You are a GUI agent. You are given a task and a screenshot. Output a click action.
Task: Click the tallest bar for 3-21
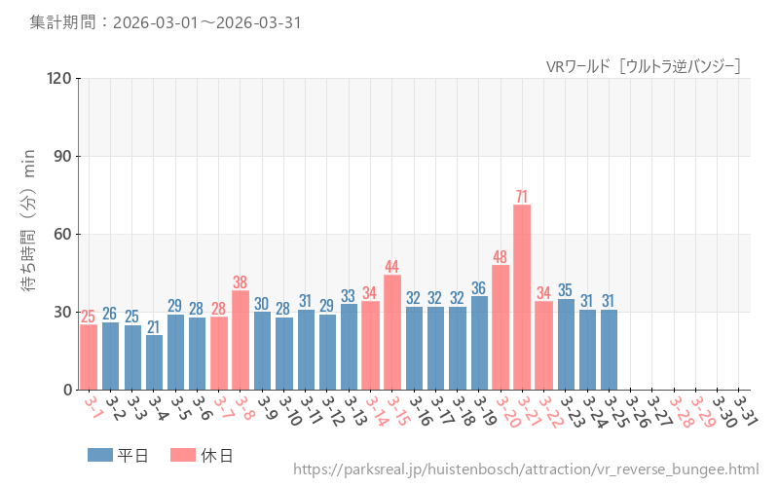[x=522, y=297]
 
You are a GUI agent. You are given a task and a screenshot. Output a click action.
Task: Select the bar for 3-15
[x=392, y=332]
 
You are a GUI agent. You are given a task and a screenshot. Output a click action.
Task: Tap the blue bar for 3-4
[x=154, y=362]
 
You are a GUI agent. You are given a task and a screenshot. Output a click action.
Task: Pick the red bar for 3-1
[x=89, y=356]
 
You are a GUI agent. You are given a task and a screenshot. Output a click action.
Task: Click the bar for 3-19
[x=479, y=343]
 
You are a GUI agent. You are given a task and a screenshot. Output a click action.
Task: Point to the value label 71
[x=522, y=197]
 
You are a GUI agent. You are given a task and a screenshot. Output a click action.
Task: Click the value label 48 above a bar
[x=501, y=257]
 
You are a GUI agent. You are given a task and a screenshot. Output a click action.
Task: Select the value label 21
[x=154, y=327]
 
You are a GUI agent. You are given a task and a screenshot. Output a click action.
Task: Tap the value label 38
[x=241, y=282]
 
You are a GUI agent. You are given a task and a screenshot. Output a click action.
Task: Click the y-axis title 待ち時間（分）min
[x=29, y=221]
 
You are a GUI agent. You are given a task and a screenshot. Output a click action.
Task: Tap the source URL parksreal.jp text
[x=525, y=469]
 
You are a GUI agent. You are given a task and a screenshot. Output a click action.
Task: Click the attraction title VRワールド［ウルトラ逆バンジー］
[x=644, y=66]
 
